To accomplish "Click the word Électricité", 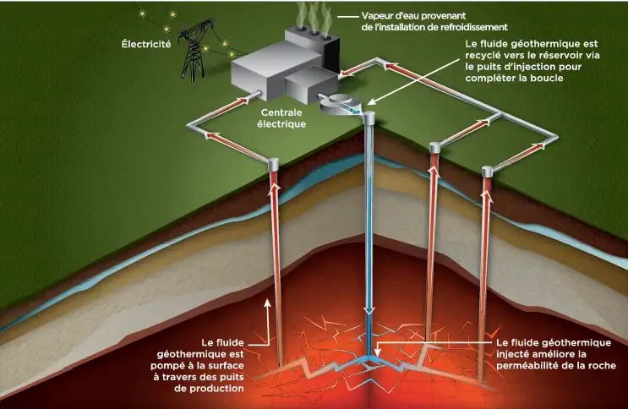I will click(x=146, y=41).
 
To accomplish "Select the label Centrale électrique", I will click(x=282, y=118).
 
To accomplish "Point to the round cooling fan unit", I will click(x=340, y=104).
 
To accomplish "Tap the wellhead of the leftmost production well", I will click(x=273, y=162).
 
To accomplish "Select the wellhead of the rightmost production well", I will click(x=488, y=172).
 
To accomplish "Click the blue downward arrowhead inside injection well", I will click(x=369, y=312).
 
